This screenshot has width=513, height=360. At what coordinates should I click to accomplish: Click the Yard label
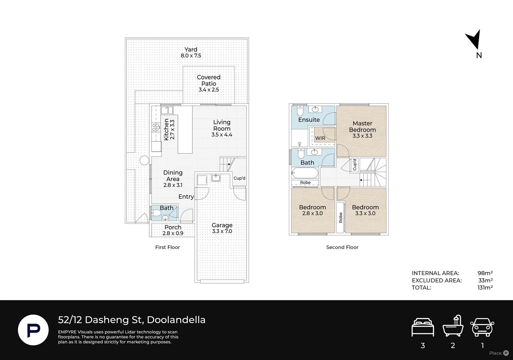coord(191,49)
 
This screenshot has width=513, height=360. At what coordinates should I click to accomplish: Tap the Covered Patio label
coord(209,80)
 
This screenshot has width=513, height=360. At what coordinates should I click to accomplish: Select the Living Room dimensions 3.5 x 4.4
coord(222,135)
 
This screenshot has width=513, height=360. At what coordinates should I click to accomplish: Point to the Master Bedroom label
coord(362,126)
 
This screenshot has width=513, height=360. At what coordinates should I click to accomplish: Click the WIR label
coord(320,138)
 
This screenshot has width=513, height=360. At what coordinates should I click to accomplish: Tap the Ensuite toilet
coord(300,111)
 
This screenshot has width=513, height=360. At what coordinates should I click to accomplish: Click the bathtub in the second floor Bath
coord(305,173)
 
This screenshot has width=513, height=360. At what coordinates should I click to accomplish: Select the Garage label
coord(222,225)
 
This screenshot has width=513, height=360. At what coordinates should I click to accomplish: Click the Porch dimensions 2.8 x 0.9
coord(173,233)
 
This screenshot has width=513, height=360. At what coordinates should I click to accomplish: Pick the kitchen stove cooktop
coord(156,127)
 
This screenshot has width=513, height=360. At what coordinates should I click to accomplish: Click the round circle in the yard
coord(144,160)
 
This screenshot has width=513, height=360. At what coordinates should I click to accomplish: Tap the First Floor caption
coord(168,247)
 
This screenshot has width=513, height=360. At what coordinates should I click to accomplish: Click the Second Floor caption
coord(342,247)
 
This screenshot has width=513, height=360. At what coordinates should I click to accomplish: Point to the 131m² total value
coord(485,287)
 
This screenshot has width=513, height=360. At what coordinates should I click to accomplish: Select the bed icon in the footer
coord(423,327)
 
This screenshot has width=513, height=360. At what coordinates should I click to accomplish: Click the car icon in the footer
coord(482,327)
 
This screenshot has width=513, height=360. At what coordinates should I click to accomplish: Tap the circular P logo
coord(33,330)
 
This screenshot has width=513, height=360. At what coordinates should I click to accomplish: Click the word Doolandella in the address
coord(176,320)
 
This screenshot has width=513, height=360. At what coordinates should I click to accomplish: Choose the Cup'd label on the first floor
coord(239,178)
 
